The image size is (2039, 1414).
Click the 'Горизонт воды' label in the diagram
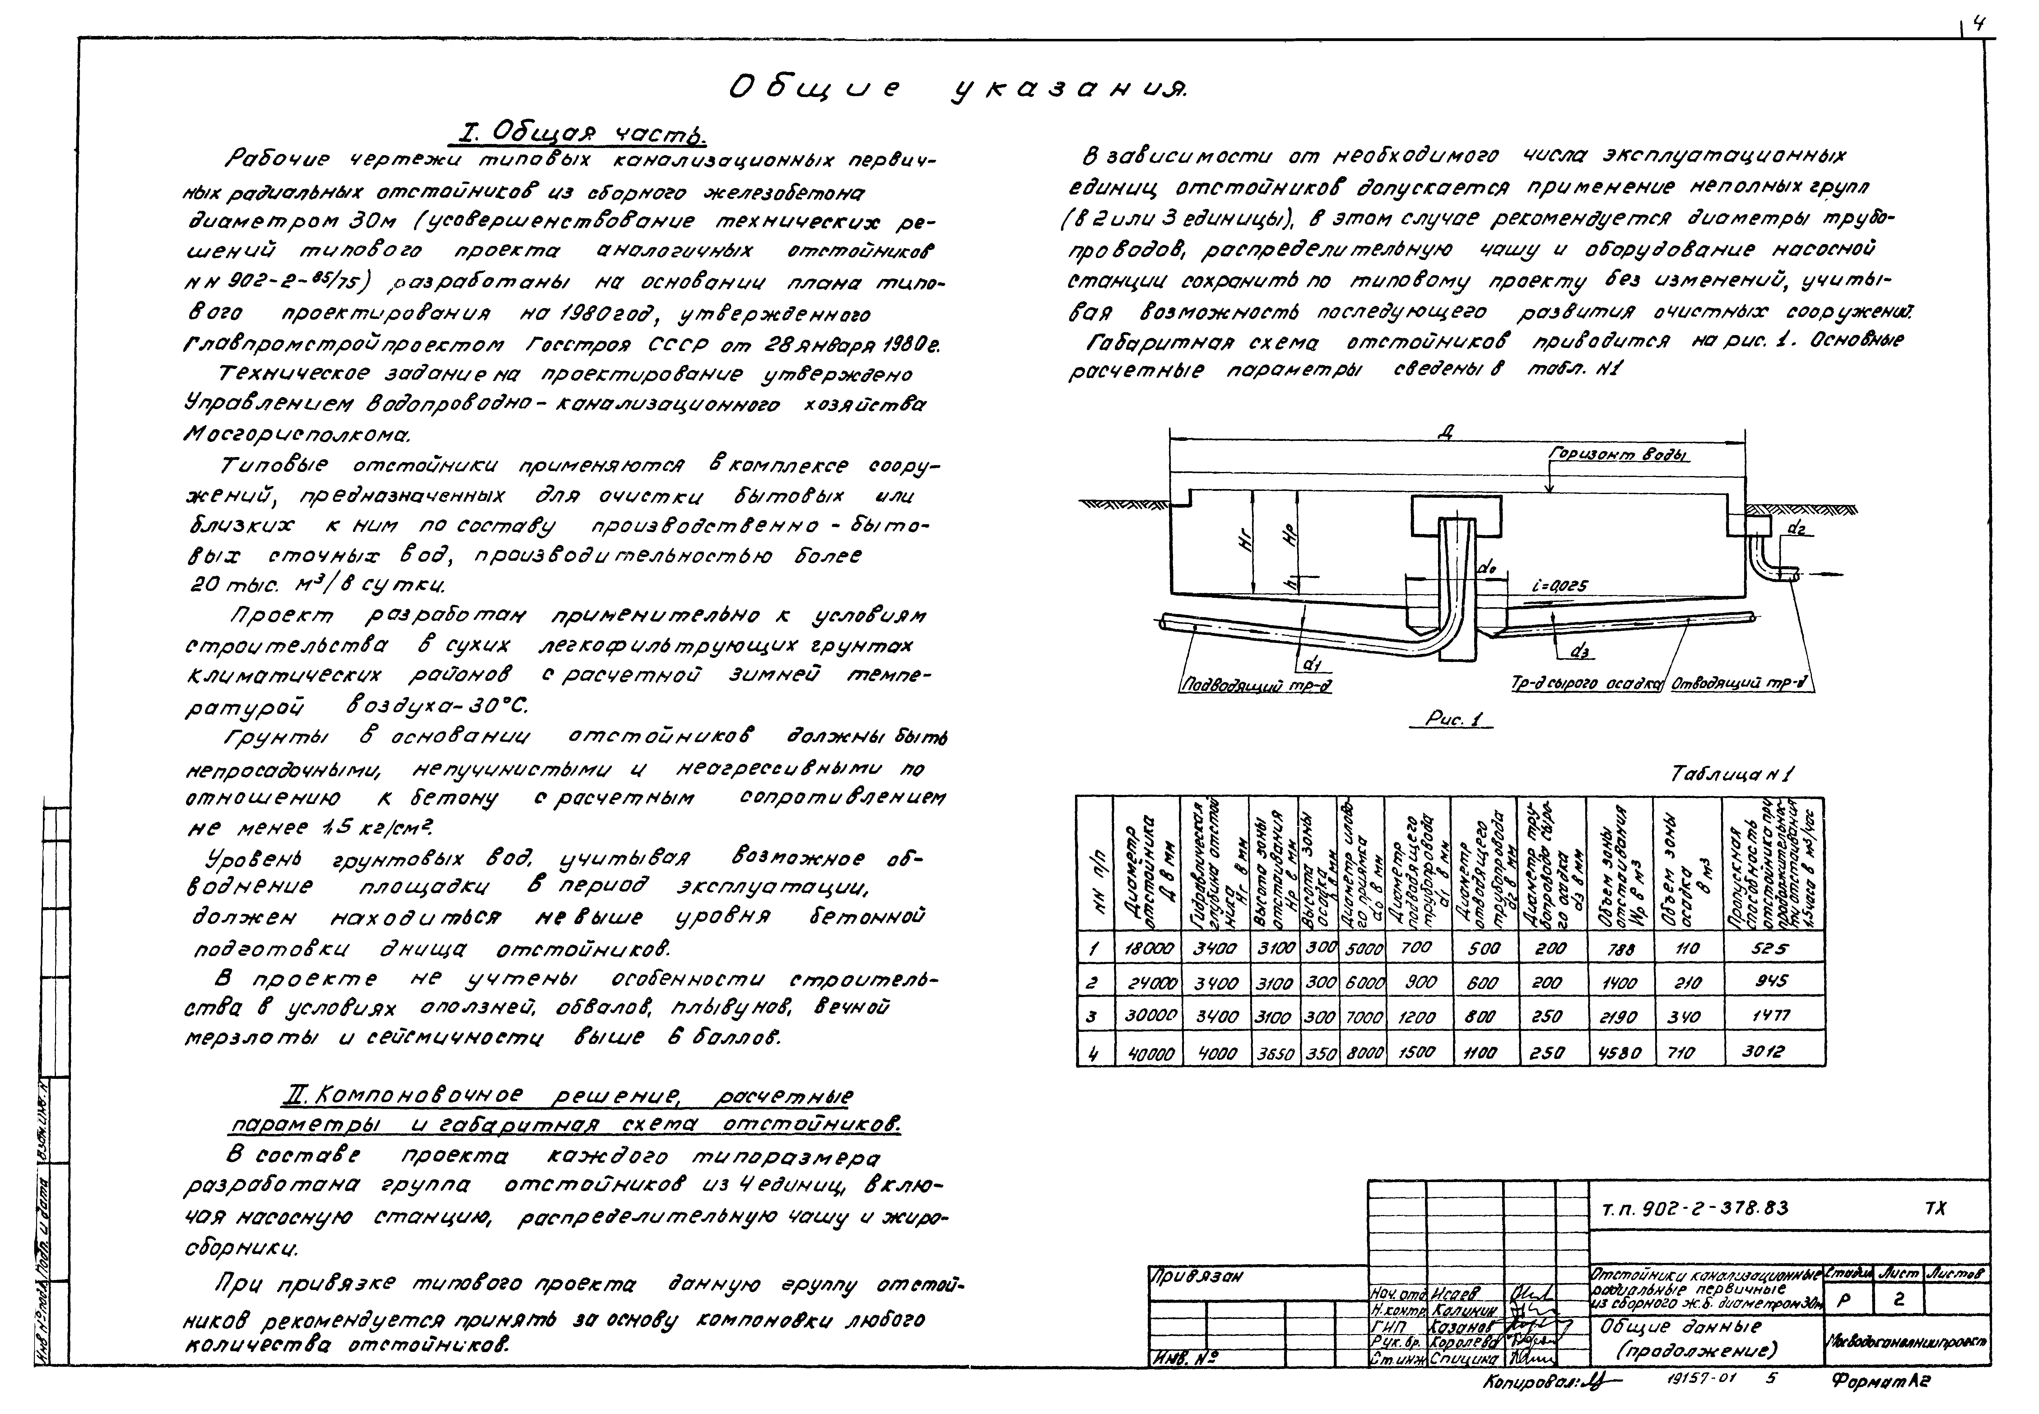pos(1618,455)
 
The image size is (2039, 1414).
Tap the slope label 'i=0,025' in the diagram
pos(1560,586)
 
